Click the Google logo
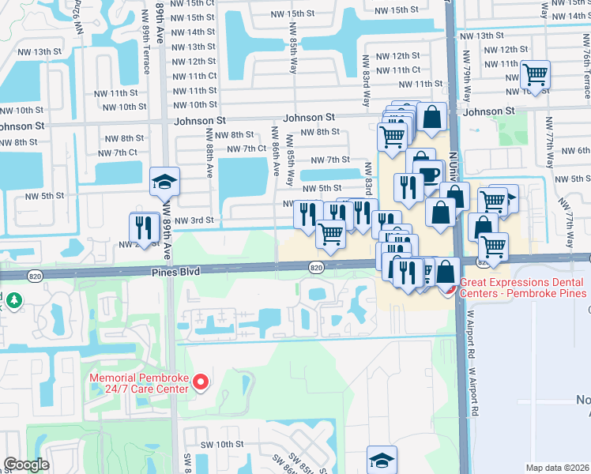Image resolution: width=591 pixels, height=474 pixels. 26,465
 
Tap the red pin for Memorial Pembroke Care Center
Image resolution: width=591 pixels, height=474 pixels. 200,383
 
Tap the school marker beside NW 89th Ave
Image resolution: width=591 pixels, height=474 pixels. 165,182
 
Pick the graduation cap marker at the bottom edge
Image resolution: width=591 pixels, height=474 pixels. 381,460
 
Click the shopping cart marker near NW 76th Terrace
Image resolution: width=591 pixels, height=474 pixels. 536,76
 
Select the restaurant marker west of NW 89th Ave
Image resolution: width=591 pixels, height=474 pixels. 143,226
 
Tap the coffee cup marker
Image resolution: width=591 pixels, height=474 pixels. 430,175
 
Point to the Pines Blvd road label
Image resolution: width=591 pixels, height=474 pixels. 174,271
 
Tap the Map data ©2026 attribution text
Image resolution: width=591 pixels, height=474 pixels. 558,468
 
